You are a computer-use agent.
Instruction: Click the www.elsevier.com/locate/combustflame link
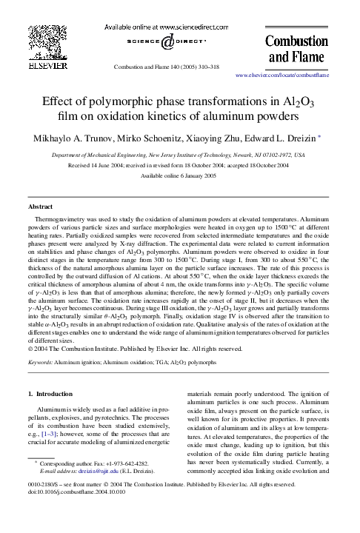point(281,76)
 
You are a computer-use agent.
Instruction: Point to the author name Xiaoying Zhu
point(228,138)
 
